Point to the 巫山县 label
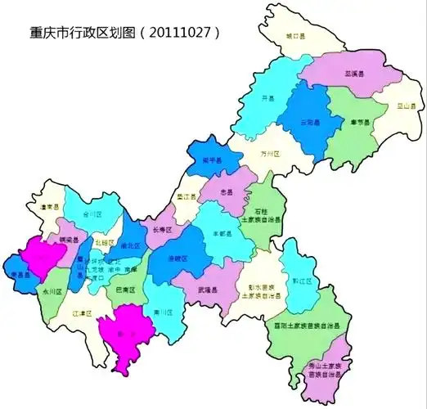click(x=402, y=106)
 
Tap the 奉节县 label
click(x=361, y=124)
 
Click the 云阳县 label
click(x=309, y=123)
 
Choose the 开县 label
click(x=266, y=97)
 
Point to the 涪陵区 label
click(x=177, y=258)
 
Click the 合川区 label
click(x=92, y=214)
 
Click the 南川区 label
click(x=160, y=312)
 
